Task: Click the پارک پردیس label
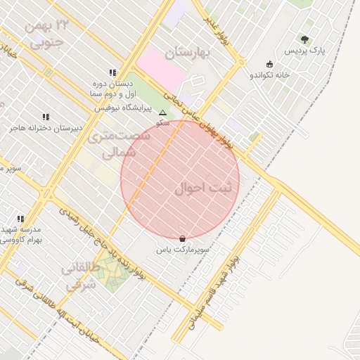305,51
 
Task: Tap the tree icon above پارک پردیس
304,39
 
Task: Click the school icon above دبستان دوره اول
112,72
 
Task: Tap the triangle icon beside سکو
163,112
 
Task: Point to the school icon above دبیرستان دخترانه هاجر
46,117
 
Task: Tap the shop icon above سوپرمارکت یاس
183,238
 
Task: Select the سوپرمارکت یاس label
186,250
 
